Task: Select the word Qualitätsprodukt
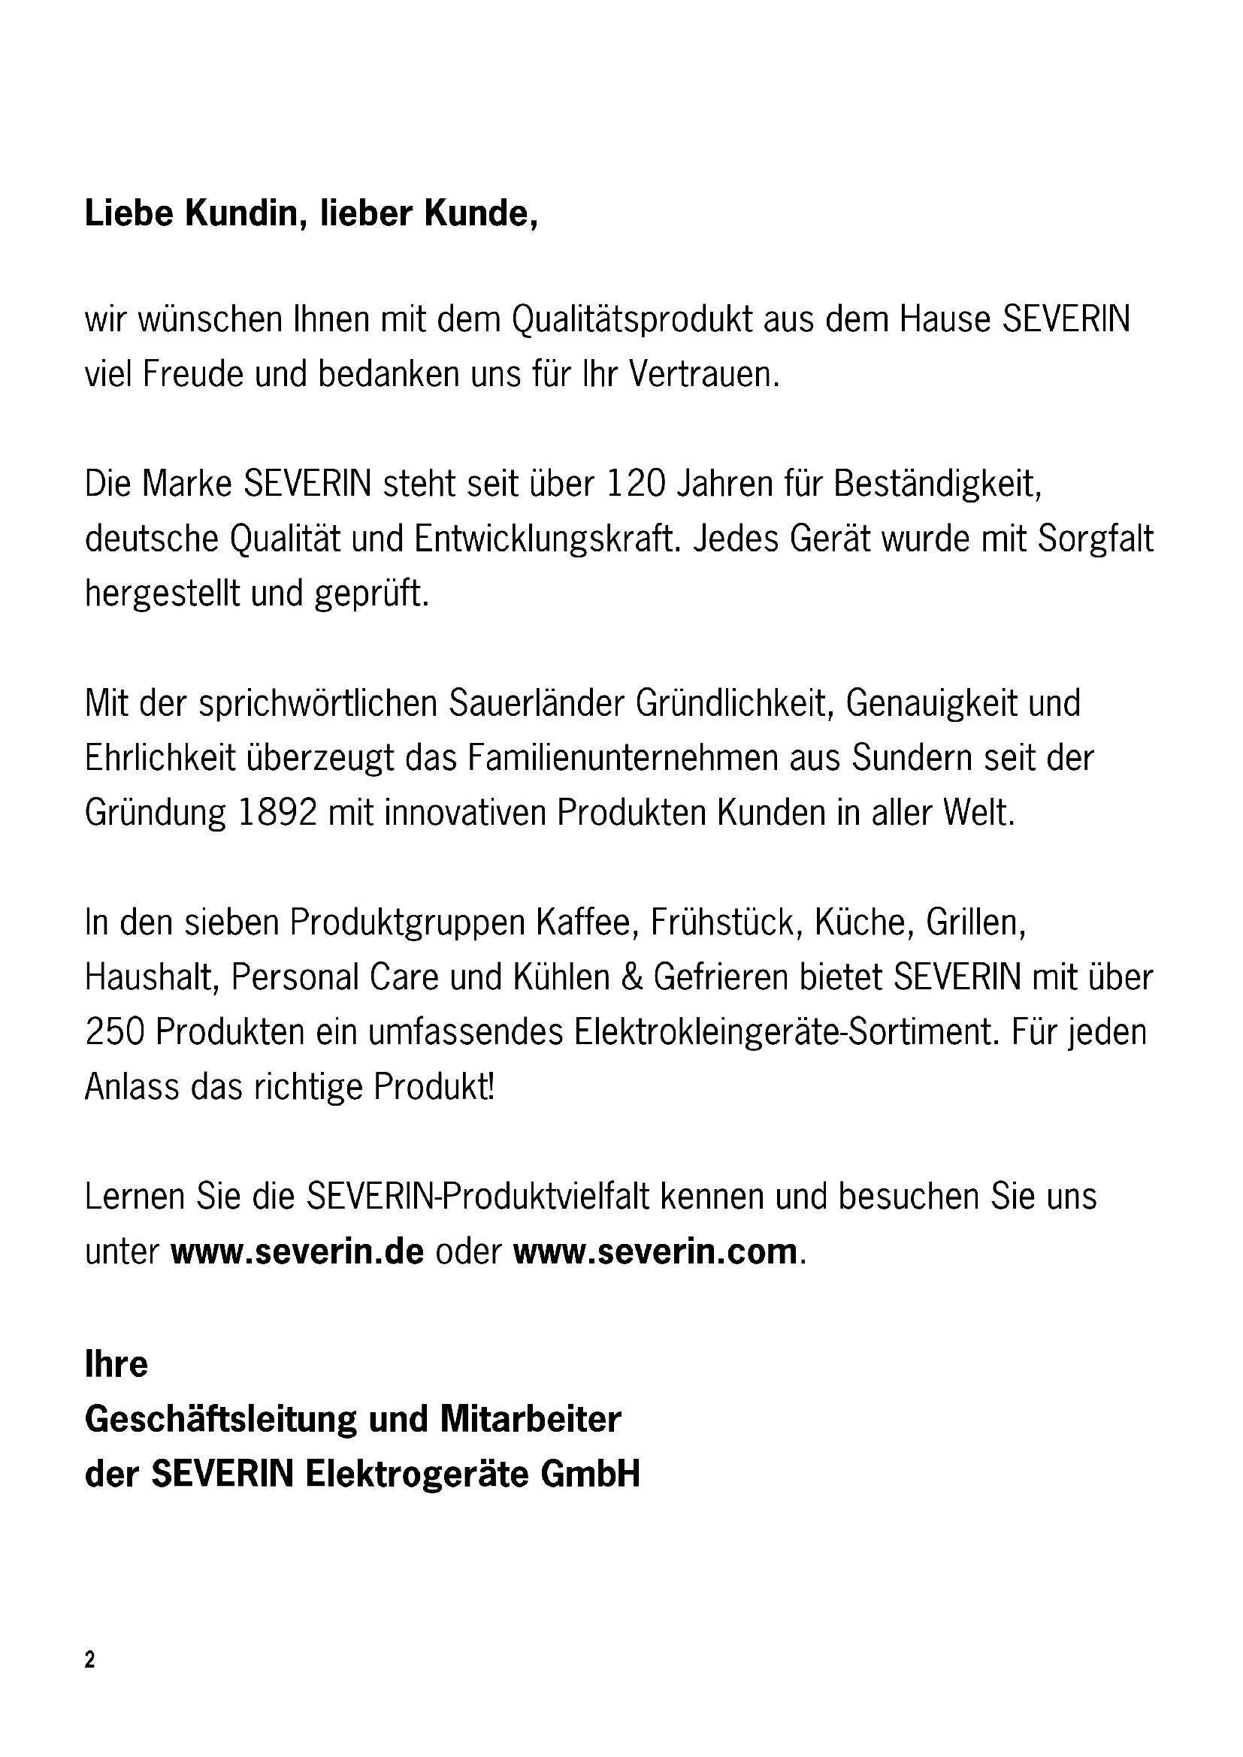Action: tap(631, 320)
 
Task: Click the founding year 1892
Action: tap(277, 813)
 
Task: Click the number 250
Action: tap(115, 1032)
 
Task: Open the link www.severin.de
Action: tap(297, 1252)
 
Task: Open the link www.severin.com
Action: tap(655, 1252)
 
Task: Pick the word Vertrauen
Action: tap(703, 375)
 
